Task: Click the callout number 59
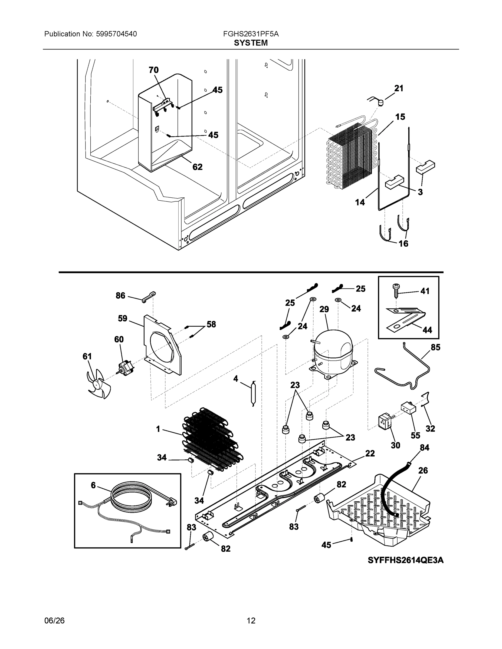[123, 319]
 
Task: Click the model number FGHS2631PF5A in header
[251, 34]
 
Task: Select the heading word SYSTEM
[251, 43]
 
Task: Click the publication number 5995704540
[117, 34]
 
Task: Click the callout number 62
[197, 167]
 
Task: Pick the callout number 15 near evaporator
[400, 117]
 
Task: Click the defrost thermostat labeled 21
[380, 102]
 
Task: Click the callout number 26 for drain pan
[423, 471]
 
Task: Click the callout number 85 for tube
[435, 347]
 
